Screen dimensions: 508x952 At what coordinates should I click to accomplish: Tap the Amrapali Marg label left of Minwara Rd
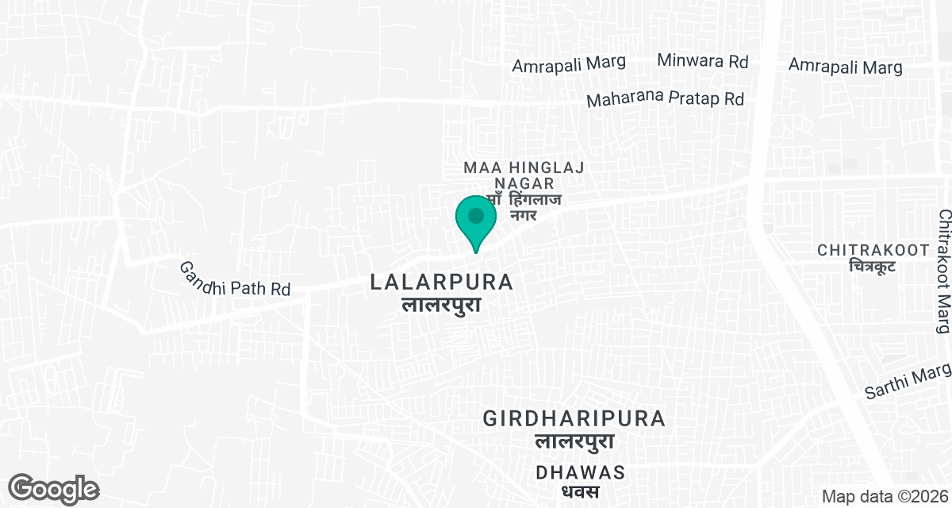[x=569, y=63]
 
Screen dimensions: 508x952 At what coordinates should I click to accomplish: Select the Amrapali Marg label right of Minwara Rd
[x=846, y=67]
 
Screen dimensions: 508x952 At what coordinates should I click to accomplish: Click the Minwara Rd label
[x=704, y=61]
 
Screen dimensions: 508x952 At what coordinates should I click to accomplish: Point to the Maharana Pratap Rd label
[x=665, y=100]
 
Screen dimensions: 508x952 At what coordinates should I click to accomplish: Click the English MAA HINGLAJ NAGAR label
[x=524, y=175]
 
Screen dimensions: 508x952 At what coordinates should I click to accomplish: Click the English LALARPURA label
[x=442, y=282]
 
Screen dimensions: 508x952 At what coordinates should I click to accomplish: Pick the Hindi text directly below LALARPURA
[x=442, y=305]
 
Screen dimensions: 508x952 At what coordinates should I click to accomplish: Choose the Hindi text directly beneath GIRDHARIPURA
[x=574, y=441]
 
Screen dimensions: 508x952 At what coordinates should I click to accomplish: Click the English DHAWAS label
[x=580, y=472]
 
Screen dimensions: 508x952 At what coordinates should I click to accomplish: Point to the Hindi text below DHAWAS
[x=580, y=492]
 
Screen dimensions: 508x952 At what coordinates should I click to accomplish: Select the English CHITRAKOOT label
[x=873, y=250]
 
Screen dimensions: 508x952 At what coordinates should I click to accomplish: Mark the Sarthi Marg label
[x=907, y=381]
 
